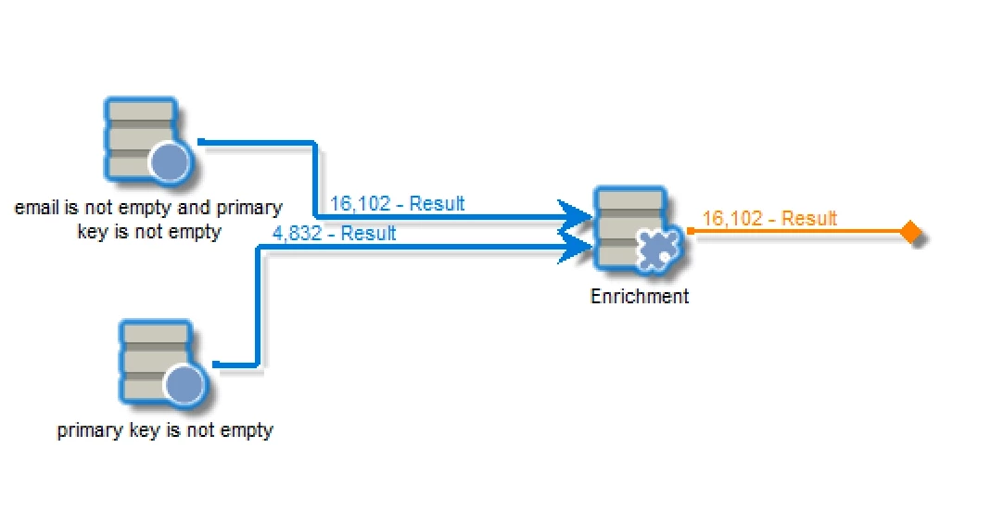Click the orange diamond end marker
click(x=911, y=232)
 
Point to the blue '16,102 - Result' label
click(x=398, y=204)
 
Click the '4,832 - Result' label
click(x=334, y=234)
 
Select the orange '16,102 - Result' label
click(x=769, y=219)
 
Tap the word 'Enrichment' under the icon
click(x=640, y=297)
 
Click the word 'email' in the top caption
click(x=33, y=208)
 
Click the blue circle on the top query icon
click(x=170, y=163)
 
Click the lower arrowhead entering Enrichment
click(x=579, y=245)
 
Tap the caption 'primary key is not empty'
click(x=165, y=430)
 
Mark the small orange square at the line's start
click(x=691, y=231)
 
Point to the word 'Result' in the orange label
click(x=809, y=219)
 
